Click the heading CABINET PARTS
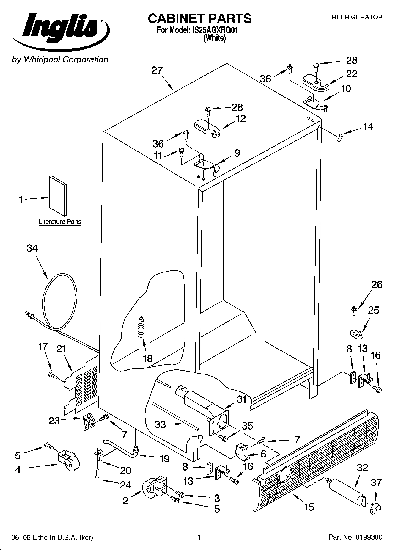(x=199, y=18)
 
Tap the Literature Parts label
(x=60, y=222)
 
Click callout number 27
(x=157, y=70)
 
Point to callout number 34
(x=32, y=248)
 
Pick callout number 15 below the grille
(x=309, y=507)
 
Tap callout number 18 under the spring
(x=147, y=358)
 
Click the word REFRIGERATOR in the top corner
(x=357, y=17)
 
